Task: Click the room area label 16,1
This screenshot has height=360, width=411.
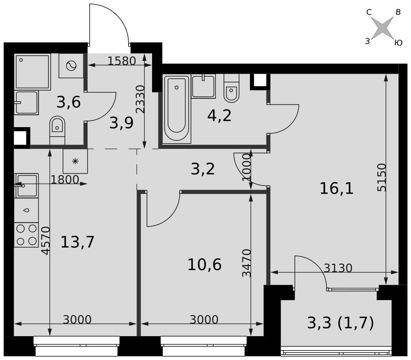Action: click(x=337, y=188)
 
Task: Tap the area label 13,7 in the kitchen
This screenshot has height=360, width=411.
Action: click(x=77, y=242)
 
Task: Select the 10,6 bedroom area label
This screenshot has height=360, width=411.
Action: click(x=204, y=265)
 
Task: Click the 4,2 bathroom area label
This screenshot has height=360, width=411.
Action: click(x=219, y=116)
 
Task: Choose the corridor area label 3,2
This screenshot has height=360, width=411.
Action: click(x=203, y=169)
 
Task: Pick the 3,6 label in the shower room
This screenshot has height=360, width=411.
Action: click(x=68, y=102)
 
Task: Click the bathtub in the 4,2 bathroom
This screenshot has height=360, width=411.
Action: click(x=177, y=109)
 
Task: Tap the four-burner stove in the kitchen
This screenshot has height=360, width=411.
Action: click(x=26, y=235)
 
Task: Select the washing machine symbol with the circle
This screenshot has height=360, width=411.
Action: click(x=71, y=65)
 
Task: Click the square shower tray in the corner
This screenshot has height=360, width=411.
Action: click(x=32, y=72)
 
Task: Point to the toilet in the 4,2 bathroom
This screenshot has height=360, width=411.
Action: click(x=231, y=88)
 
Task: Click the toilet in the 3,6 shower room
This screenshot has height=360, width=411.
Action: click(x=57, y=130)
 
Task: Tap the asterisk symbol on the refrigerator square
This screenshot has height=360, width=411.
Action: click(x=75, y=161)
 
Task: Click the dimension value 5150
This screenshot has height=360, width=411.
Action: click(x=382, y=177)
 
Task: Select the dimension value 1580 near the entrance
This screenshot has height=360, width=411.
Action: click(x=122, y=61)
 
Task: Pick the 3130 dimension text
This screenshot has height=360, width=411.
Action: click(x=338, y=268)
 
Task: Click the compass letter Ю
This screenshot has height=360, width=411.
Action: click(x=398, y=42)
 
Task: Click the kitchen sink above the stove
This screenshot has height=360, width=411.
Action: click(x=27, y=186)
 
